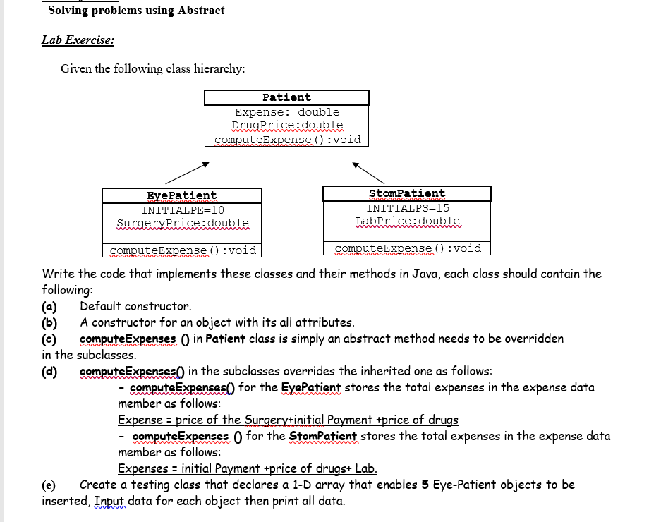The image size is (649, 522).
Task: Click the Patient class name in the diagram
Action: coord(286,97)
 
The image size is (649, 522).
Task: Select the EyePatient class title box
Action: coord(182,195)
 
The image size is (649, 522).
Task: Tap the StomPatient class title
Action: coord(407,193)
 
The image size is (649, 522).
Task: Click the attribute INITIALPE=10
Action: coord(183,210)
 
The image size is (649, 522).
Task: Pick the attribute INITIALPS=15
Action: coord(408,208)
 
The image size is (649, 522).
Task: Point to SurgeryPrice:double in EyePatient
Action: coord(183,224)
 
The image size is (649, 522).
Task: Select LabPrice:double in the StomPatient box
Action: coord(408,221)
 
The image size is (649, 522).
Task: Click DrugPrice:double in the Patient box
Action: coord(287,126)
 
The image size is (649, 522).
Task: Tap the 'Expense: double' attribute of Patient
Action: coord(287,112)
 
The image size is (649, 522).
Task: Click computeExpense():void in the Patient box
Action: coord(287,140)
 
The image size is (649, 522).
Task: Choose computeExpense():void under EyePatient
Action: coord(183,250)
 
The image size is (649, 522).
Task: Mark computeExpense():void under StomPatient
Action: coord(408,248)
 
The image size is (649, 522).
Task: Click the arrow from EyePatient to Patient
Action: coord(187,171)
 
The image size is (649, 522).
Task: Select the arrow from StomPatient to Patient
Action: coord(368,173)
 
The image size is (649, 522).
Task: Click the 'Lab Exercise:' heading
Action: coord(78,40)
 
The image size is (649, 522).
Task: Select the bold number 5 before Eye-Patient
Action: coord(425,485)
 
